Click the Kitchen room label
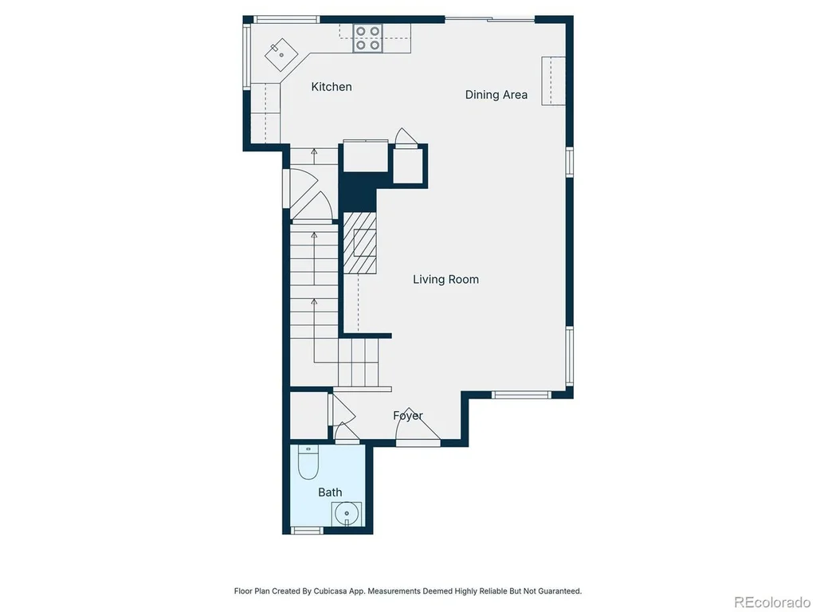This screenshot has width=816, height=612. tap(331, 87)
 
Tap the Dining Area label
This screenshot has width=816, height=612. tap(496, 95)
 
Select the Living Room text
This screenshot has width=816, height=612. tap(446, 280)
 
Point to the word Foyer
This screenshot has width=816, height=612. tap(408, 415)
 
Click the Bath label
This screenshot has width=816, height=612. tap(330, 492)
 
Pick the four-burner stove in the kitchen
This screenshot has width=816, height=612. tap(367, 38)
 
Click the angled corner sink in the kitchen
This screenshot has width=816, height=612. tap(281, 54)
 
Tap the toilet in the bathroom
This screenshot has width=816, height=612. tap(308, 462)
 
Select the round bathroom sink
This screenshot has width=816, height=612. tap(347, 514)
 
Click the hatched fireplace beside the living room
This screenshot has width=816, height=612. tap(359, 243)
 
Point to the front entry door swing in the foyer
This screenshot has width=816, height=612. tap(418, 426)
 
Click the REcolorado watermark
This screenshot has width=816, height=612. tap(771, 602)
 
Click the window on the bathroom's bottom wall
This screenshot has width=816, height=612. tap(307, 531)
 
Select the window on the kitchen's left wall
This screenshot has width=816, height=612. tap(247, 57)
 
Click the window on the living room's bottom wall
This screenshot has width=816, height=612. tap(521, 395)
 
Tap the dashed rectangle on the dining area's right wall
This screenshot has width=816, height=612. tap(553, 80)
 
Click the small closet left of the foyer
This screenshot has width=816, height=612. tap(308, 416)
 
